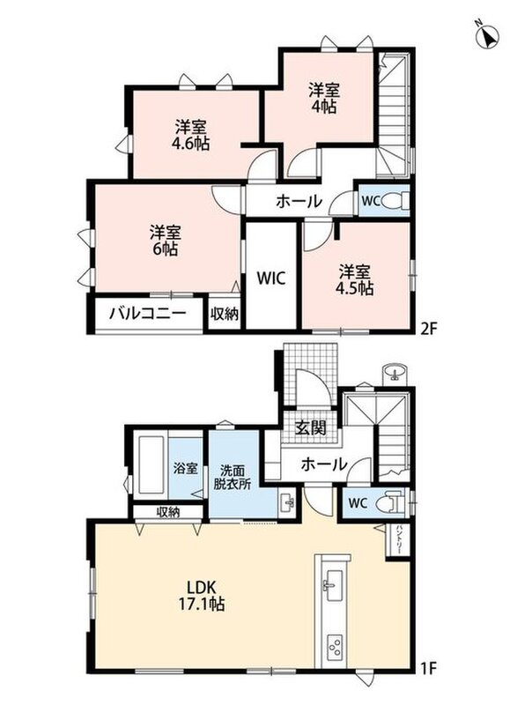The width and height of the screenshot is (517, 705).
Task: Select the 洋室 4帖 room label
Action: click(x=323, y=98)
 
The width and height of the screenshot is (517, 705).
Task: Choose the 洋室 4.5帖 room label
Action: click(x=356, y=280)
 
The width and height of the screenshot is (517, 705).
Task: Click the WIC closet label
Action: click(x=271, y=278)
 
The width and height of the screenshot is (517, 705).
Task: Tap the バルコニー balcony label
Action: click(x=147, y=312)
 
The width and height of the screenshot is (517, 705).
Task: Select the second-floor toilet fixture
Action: click(x=397, y=201)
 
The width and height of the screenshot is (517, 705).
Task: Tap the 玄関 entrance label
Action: click(x=310, y=427)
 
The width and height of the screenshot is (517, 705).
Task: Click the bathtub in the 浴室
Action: click(x=151, y=464)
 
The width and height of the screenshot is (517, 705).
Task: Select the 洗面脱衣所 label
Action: click(x=233, y=477)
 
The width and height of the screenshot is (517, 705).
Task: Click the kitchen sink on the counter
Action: click(x=334, y=584)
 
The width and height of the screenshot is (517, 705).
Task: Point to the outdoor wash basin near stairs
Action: click(x=395, y=373)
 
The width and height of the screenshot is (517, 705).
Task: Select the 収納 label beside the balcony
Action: click(x=224, y=314)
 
